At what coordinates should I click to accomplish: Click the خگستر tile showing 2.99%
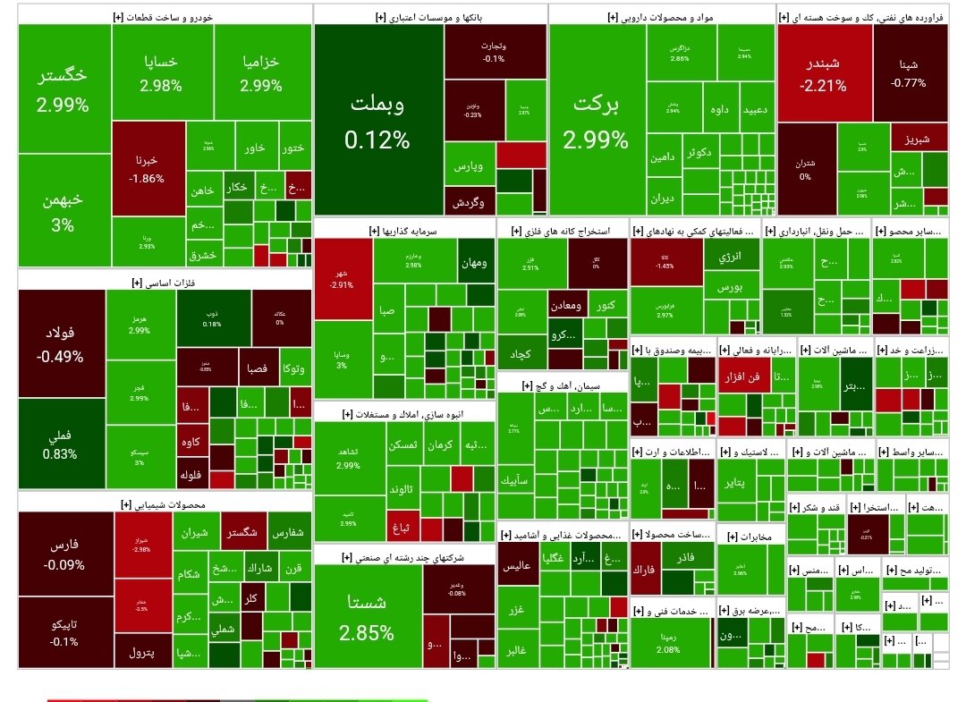[x=63, y=89]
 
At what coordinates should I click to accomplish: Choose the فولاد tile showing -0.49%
[x=61, y=344]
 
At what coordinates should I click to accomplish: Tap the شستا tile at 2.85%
[x=367, y=617]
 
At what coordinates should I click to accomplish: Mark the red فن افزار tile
[x=741, y=377]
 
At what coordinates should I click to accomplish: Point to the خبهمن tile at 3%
[x=63, y=212]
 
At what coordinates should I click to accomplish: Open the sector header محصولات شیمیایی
[x=165, y=504]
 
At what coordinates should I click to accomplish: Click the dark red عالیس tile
[x=520, y=566]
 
